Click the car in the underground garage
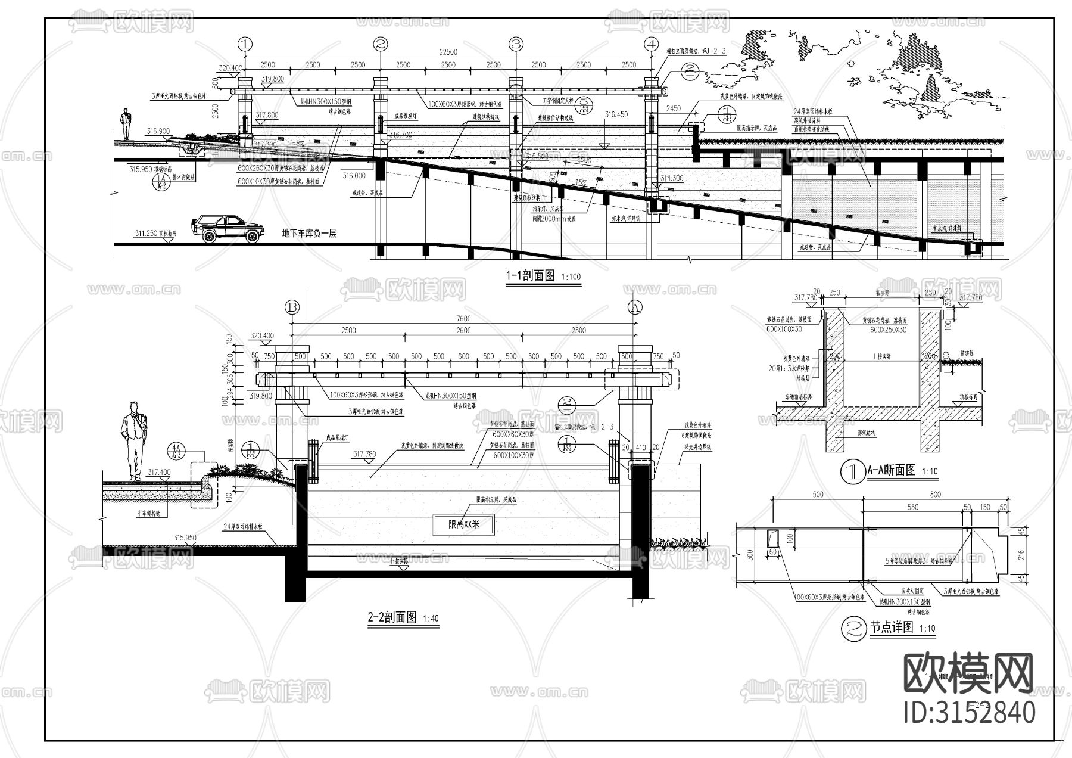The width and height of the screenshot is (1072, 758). click(228, 229)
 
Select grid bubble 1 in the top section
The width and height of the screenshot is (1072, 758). click(245, 44)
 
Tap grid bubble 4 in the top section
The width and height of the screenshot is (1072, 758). click(652, 44)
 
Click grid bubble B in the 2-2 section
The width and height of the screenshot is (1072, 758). click(292, 307)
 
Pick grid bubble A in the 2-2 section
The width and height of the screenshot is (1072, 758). click(635, 307)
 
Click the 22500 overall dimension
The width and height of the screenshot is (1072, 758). click(448, 52)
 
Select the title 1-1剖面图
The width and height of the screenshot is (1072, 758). click(530, 276)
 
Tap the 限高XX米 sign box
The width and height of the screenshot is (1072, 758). click(463, 525)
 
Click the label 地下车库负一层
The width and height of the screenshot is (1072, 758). click(309, 234)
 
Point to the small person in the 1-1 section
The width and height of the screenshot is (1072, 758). click(126, 124)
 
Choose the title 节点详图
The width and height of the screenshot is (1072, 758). click(891, 627)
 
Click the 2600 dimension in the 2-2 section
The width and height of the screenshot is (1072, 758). click(463, 330)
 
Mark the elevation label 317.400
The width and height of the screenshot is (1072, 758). click(159, 473)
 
